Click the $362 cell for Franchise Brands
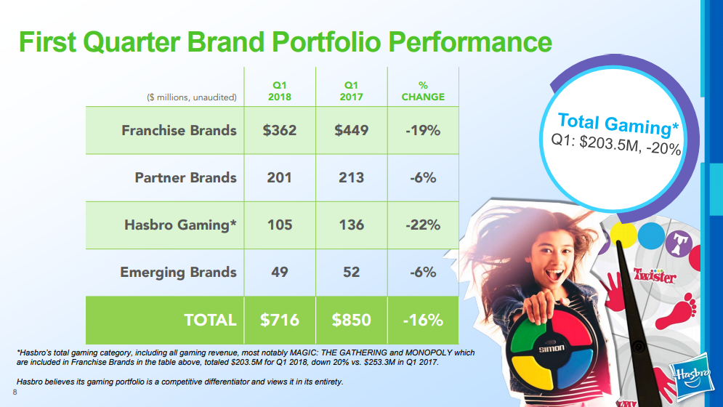[280, 131]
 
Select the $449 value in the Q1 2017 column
[351, 131]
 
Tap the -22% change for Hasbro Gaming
[423, 225]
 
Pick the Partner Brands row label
[185, 178]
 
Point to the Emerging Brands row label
[178, 272]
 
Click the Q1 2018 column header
[280, 92]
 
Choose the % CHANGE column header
[423, 92]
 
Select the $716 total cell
[280, 320]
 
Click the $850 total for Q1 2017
[351, 320]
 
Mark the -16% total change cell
[423, 320]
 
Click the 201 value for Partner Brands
[280, 178]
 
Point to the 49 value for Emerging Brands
[280, 272]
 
